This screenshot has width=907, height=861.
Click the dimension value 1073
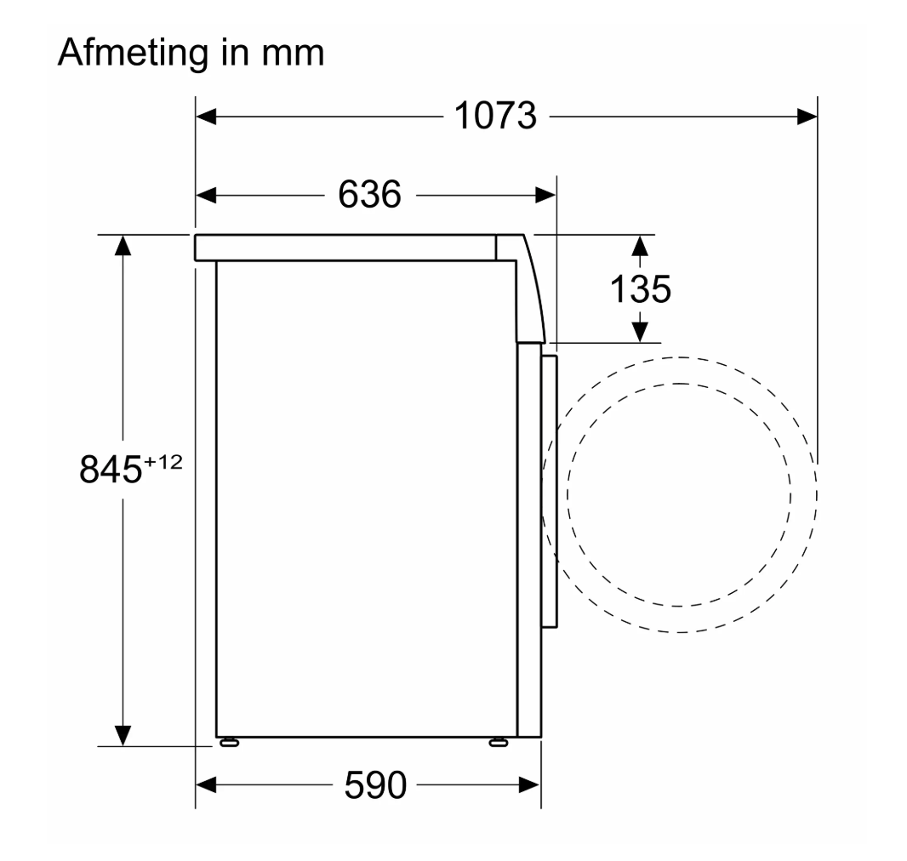(496, 116)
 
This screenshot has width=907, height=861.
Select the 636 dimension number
(369, 194)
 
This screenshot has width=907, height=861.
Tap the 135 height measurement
(641, 288)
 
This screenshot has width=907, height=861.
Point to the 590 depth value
(375, 784)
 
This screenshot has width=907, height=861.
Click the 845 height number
(111, 469)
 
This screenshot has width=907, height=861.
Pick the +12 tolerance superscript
(163, 462)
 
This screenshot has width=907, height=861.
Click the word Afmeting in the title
(133, 53)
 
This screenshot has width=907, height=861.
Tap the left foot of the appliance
(230, 742)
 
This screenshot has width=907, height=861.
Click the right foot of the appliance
(499, 742)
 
